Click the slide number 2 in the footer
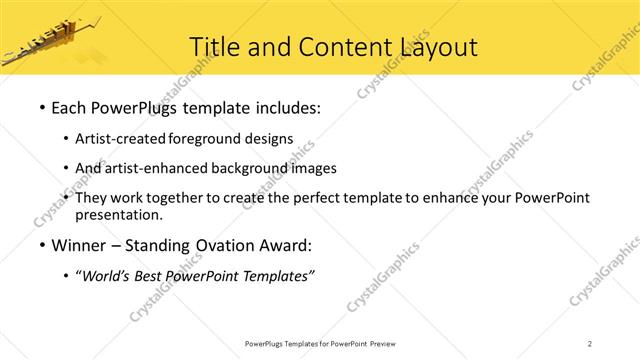[590, 344]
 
